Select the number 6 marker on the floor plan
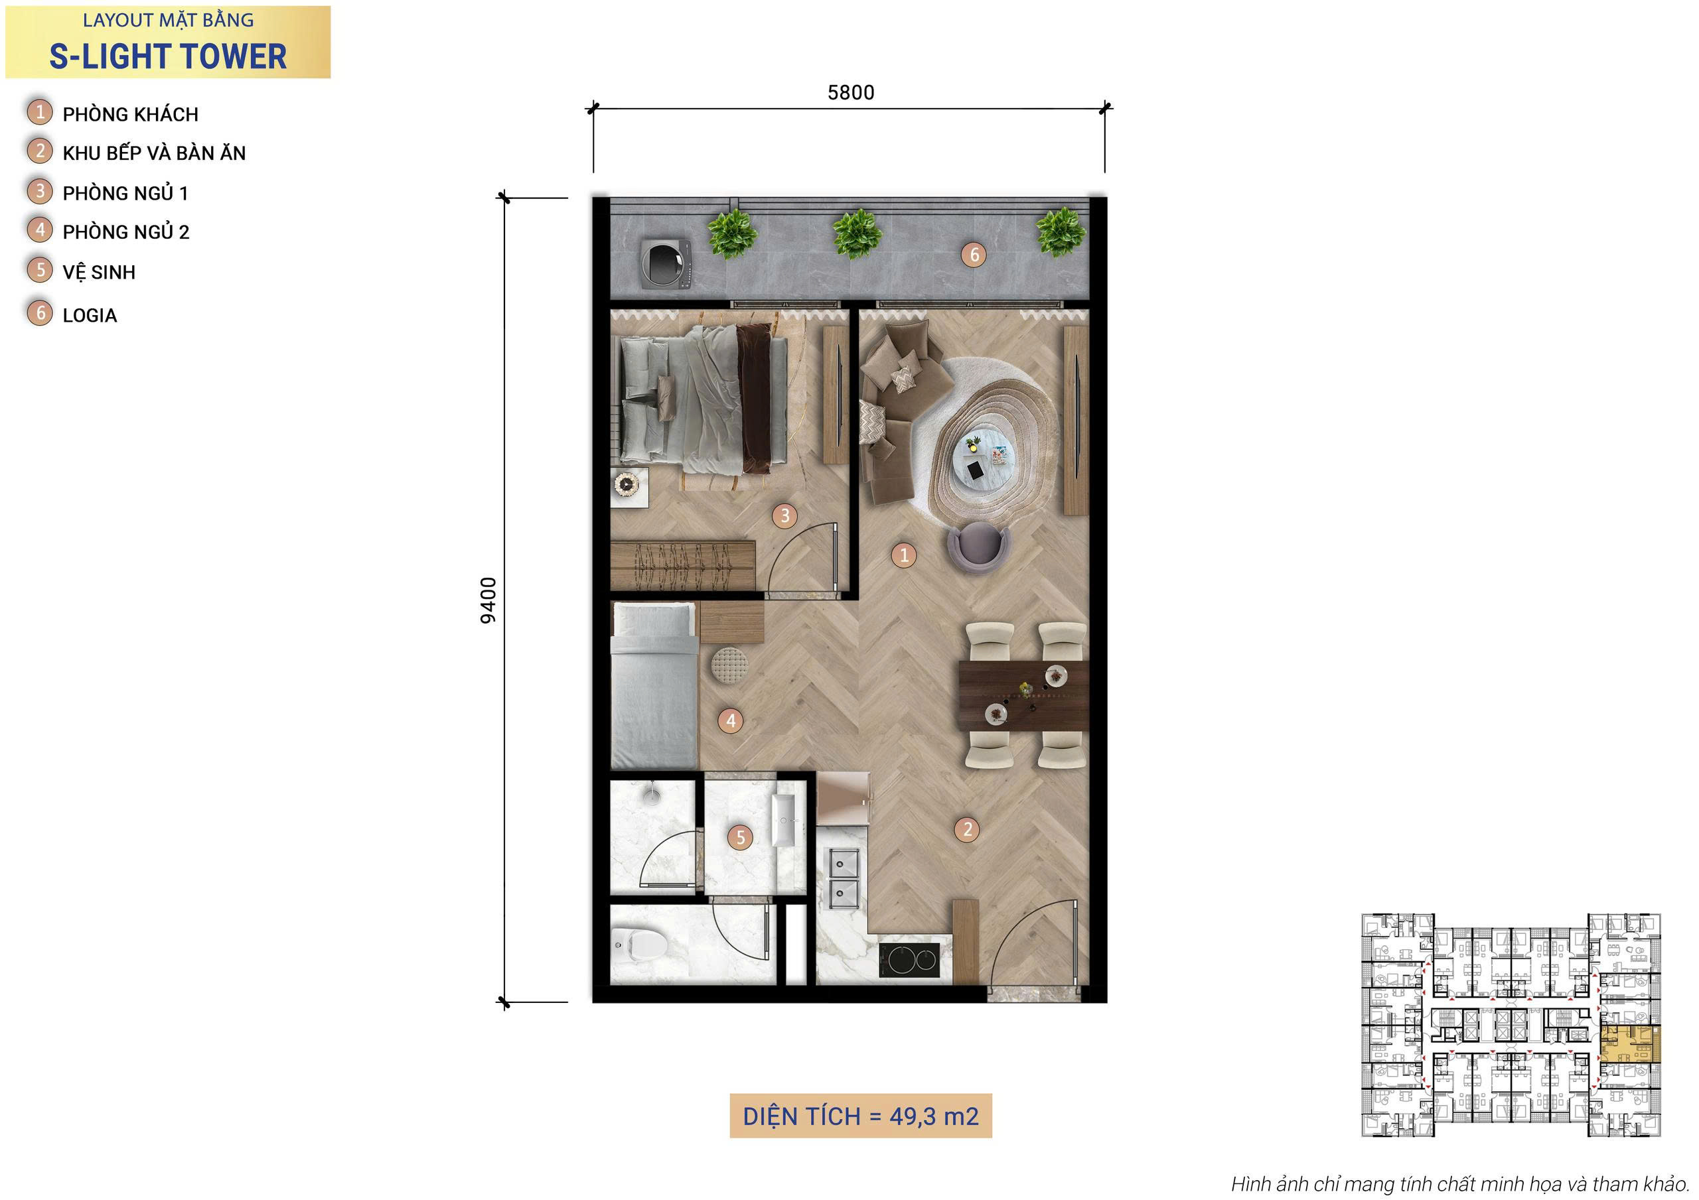974,255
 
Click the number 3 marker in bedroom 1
784,515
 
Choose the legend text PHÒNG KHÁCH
130,114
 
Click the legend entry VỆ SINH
99,271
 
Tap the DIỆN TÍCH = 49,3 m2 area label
861,1116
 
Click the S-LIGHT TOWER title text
168,56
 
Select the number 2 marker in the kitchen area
966,829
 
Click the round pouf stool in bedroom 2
729,665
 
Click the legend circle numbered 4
40,230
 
